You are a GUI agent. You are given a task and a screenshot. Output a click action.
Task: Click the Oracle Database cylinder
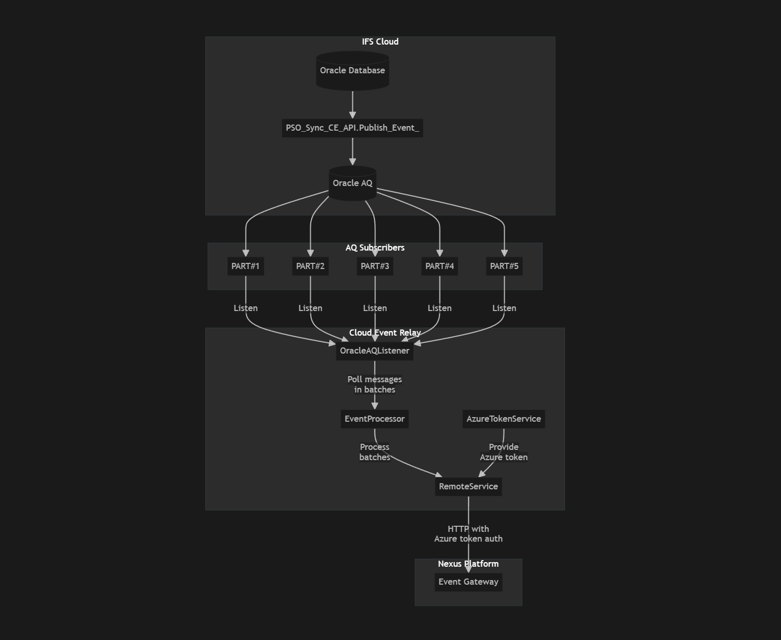click(x=352, y=71)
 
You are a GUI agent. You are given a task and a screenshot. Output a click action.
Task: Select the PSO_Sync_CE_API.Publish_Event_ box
click(x=352, y=128)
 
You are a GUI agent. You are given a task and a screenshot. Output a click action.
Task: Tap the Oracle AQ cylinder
click(x=352, y=183)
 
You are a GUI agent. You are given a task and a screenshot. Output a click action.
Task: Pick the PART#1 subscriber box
click(x=246, y=266)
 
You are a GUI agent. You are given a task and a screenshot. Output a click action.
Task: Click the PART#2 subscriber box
click(x=310, y=266)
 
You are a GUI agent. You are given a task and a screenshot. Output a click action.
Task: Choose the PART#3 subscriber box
click(x=375, y=266)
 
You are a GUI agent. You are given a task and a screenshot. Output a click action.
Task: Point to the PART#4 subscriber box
click(x=439, y=266)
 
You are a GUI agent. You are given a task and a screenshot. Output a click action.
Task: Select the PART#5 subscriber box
click(x=504, y=266)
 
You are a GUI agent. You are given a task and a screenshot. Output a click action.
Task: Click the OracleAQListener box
click(x=374, y=350)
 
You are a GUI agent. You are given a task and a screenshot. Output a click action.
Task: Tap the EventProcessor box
click(x=374, y=419)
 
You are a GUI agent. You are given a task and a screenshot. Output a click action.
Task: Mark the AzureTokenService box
click(x=504, y=419)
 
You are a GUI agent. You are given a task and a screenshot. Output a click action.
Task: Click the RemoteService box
click(x=468, y=486)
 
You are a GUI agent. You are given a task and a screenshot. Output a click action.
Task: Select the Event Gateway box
click(x=468, y=582)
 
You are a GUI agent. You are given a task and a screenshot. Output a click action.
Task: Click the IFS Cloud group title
click(x=380, y=42)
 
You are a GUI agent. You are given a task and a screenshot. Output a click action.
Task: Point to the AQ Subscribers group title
click(x=375, y=247)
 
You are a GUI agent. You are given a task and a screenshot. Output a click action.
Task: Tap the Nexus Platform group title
click(x=468, y=564)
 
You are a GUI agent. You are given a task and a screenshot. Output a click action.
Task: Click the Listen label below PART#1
click(x=246, y=308)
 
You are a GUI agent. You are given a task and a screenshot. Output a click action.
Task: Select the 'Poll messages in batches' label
click(x=374, y=384)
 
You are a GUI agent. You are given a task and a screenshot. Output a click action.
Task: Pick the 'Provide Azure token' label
click(x=504, y=452)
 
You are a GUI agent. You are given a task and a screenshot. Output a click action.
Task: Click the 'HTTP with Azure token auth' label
click(x=468, y=533)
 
